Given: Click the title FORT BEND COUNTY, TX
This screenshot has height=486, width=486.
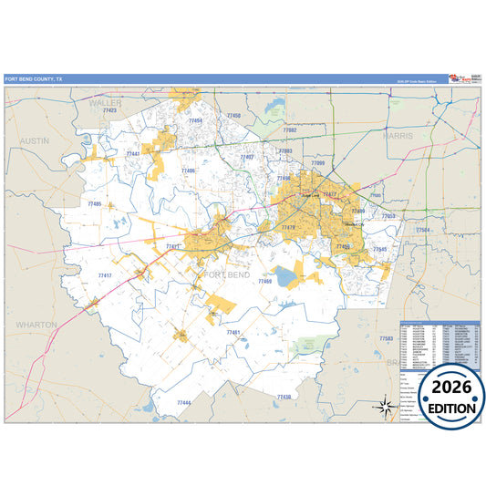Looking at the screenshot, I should (34, 79).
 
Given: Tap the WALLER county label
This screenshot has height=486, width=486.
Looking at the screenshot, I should (104, 103).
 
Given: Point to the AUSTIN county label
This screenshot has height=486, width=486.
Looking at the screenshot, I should (35, 141).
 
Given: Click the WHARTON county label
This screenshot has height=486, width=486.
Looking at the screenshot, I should (36, 324).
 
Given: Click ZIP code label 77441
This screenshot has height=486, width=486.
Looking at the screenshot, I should (133, 154).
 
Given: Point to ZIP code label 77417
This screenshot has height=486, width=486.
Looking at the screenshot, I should (104, 274).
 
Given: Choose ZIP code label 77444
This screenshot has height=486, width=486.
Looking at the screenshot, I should (183, 402).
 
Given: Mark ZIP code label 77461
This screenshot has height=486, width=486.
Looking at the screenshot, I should (233, 333).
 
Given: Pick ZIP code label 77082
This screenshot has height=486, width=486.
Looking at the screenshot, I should (289, 131).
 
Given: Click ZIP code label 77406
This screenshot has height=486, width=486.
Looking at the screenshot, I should (188, 171).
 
